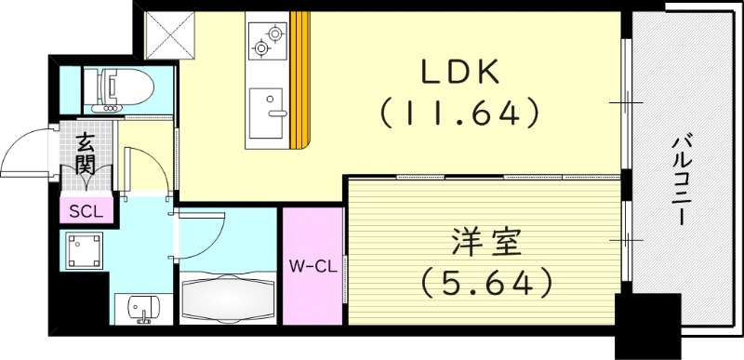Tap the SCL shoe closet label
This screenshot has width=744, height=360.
(x=86, y=210)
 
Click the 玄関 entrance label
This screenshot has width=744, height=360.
(x=86, y=154)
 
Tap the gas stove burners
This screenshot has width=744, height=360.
(x=267, y=39)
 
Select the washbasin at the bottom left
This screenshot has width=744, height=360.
(x=141, y=310)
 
